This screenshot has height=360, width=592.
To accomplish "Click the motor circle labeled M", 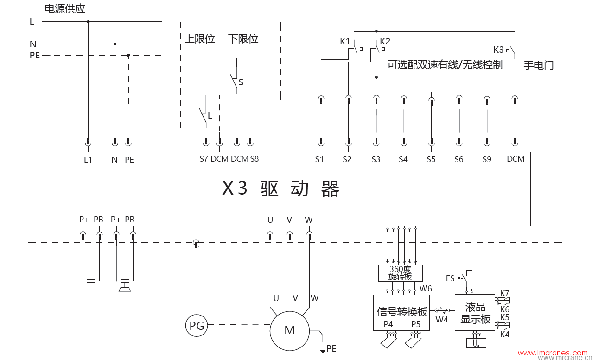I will [x=289, y=330].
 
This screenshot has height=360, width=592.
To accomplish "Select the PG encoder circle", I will [x=197, y=326].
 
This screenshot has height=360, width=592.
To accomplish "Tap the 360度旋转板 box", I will [x=401, y=273].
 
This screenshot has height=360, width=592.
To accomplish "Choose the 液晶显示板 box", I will [x=475, y=313].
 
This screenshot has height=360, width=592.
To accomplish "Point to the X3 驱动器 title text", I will [x=281, y=189].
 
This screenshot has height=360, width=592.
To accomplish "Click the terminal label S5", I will [x=431, y=159].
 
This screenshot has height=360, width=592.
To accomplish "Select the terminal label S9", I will [x=486, y=159].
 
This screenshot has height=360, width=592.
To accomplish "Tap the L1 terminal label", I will [x=88, y=160].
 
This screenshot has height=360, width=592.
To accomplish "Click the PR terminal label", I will [x=130, y=219].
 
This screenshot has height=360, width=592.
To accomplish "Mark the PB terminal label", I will [x=98, y=219].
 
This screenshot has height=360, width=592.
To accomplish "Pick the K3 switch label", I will [x=498, y=50].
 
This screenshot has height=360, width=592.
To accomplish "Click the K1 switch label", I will [x=345, y=41].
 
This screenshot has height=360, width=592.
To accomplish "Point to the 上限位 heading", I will [x=200, y=39].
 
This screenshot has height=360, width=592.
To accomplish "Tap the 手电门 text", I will [x=539, y=65].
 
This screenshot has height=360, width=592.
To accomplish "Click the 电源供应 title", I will [x=64, y=9].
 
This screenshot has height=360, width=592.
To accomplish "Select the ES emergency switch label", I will [x=450, y=278].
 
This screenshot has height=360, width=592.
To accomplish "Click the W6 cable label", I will [x=426, y=289].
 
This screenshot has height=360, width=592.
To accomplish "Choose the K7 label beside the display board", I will [x=504, y=293].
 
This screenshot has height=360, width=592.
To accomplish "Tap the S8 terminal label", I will [x=254, y=159].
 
